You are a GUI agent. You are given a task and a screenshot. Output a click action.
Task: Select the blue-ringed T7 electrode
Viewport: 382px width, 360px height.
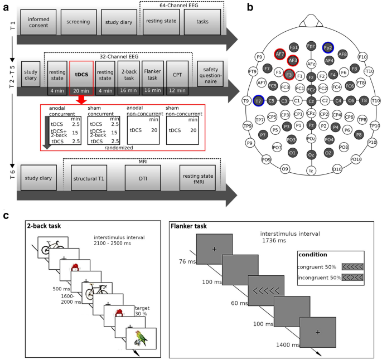258,100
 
